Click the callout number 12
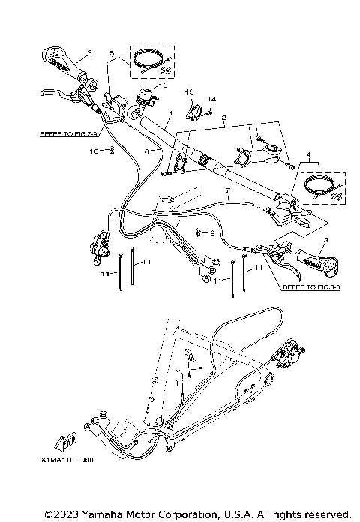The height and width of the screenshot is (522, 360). [x=163, y=85]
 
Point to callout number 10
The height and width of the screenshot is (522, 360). [x=94, y=151]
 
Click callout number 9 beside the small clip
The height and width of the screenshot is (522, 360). [x=211, y=232]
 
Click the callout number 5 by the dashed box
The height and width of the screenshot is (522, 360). [x=111, y=54]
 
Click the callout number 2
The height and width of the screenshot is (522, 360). [x=223, y=118]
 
